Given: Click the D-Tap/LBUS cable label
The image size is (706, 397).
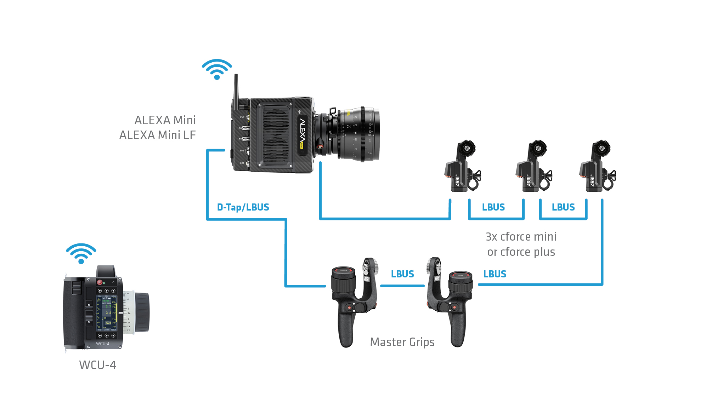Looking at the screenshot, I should (x=243, y=207).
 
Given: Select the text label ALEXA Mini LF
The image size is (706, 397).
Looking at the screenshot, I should (x=157, y=135).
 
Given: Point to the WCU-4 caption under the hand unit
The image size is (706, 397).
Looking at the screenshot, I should (x=97, y=365).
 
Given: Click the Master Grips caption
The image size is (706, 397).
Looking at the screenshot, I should (x=402, y=342).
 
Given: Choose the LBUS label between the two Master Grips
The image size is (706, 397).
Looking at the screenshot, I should (x=402, y=274).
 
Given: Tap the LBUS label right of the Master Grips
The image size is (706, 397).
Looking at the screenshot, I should (x=495, y=274).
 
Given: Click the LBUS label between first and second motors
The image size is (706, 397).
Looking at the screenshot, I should (x=493, y=207).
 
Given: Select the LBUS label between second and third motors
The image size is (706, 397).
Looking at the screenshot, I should (x=563, y=207).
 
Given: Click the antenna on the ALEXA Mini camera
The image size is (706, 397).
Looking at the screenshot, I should (x=236, y=88).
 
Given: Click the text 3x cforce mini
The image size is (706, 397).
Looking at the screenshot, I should (x=521, y=237).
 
